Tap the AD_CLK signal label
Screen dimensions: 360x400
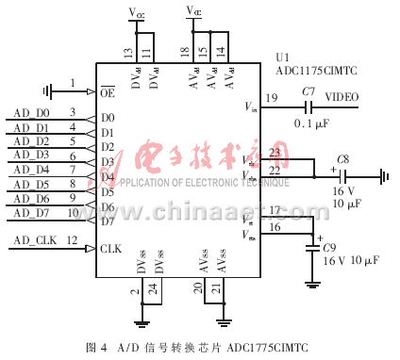pos(34,241)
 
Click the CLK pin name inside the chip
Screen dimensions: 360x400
pos(110,249)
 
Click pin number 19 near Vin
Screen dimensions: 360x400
pos(272,98)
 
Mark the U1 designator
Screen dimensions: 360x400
pos(282,57)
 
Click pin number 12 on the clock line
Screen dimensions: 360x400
pos(72,241)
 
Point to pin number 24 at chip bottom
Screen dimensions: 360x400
pos(154,292)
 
